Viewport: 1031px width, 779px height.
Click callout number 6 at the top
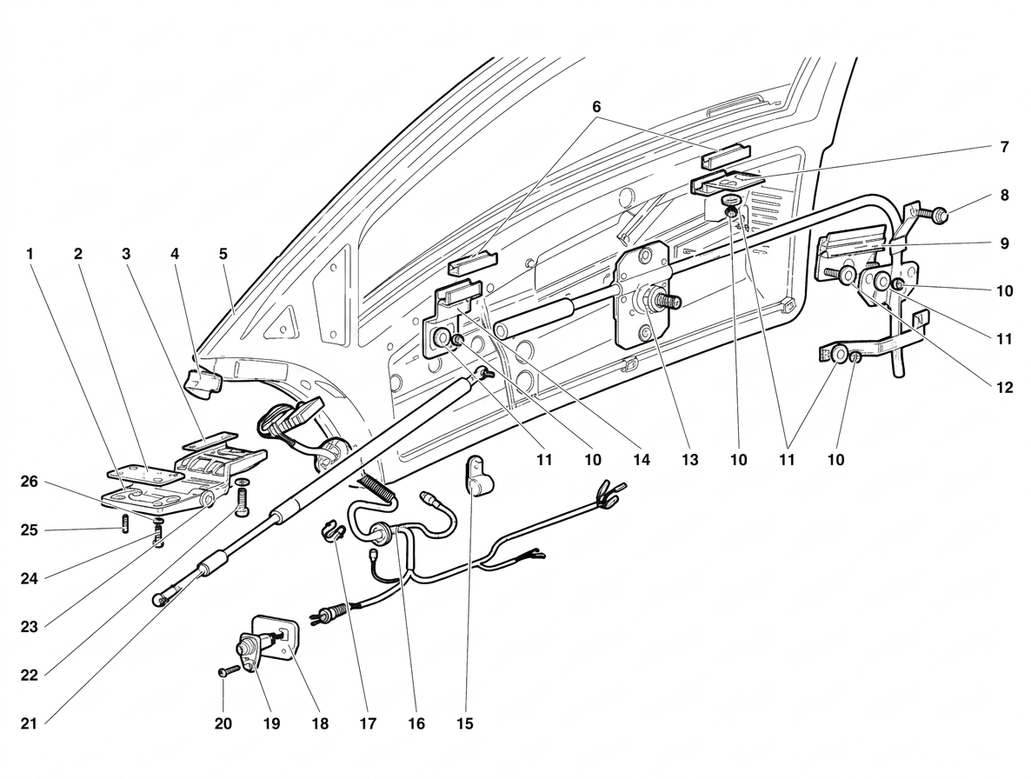[x=596, y=107]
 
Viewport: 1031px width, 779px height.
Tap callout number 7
[x=1004, y=147]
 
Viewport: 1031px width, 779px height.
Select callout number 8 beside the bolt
[x=1004, y=196]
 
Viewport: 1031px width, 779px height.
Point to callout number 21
[x=29, y=723]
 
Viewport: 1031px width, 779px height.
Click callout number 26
[x=29, y=482]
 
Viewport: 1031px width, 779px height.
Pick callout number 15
[x=465, y=723]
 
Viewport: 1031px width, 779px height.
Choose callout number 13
[x=689, y=460]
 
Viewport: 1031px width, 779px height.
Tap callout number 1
[x=30, y=254]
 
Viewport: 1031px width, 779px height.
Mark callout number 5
[x=223, y=254]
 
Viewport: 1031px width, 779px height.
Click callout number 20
[x=223, y=723]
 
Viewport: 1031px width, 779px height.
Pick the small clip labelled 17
[x=333, y=530]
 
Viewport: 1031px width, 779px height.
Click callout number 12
[x=1004, y=388]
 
